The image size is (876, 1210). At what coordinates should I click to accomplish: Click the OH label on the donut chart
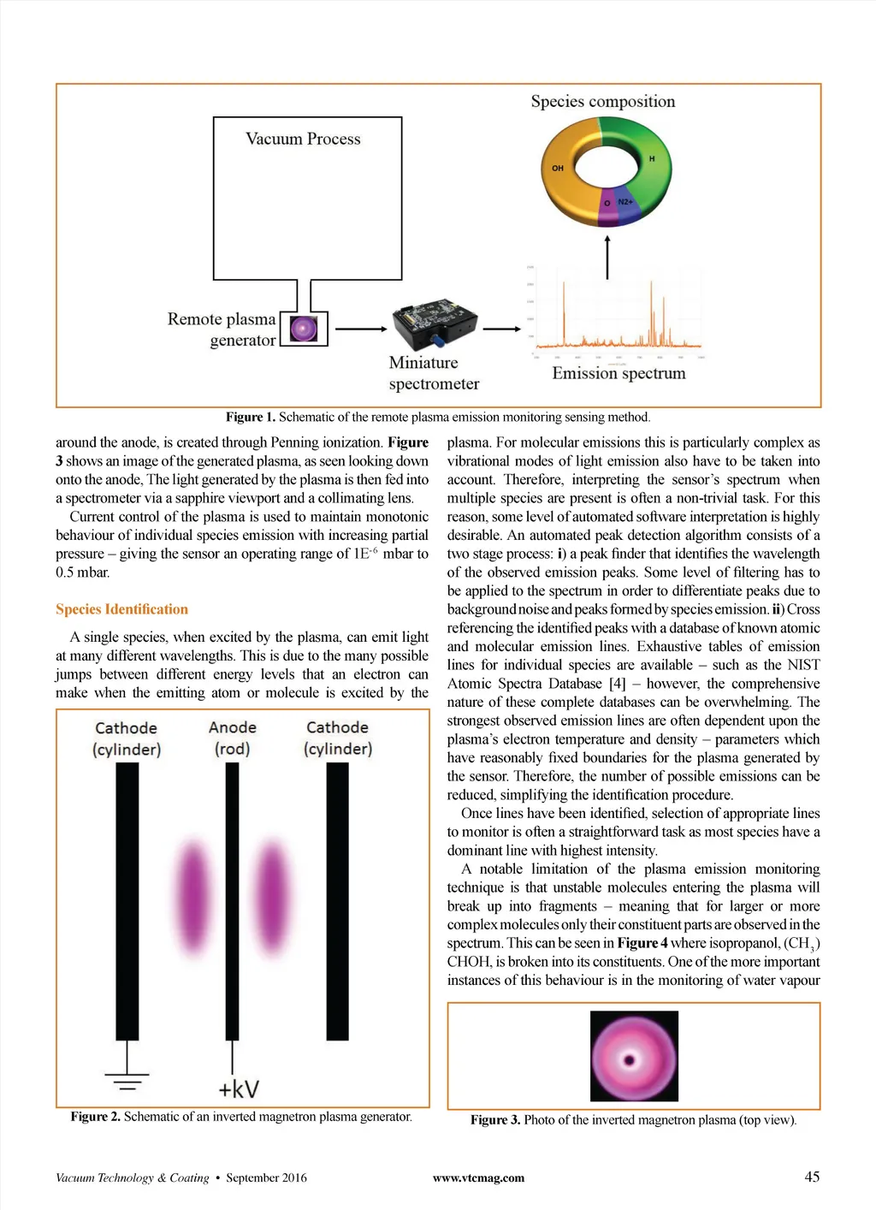(x=558, y=169)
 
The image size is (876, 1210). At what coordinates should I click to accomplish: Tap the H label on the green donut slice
(x=652, y=159)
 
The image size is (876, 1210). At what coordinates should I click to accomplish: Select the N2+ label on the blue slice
(x=625, y=202)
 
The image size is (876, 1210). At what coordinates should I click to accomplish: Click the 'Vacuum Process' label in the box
(x=303, y=139)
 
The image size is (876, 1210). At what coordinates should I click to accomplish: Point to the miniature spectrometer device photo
(x=434, y=324)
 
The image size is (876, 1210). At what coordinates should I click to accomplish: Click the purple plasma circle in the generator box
(x=304, y=329)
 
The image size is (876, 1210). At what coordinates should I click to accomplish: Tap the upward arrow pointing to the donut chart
(x=607, y=257)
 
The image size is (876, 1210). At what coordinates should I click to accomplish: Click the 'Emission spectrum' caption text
(x=619, y=373)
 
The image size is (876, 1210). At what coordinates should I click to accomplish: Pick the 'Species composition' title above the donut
(x=603, y=102)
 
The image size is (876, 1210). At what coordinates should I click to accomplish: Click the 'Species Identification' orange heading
(x=121, y=609)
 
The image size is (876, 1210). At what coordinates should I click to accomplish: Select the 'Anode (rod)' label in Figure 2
(x=233, y=738)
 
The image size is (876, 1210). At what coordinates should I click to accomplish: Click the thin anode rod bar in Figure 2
(x=232, y=899)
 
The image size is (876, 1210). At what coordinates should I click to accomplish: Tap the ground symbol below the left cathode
(x=127, y=1081)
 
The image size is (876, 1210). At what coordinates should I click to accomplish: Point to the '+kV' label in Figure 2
(x=238, y=1088)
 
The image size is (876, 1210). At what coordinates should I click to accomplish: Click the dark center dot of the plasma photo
(x=630, y=1060)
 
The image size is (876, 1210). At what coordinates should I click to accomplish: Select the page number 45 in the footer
(x=812, y=1177)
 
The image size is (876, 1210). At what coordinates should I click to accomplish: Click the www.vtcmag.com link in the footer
(x=478, y=1178)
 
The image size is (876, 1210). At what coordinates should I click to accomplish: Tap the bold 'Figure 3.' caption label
(x=495, y=1120)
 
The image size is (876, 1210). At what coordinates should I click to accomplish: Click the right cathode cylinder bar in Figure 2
(x=338, y=899)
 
